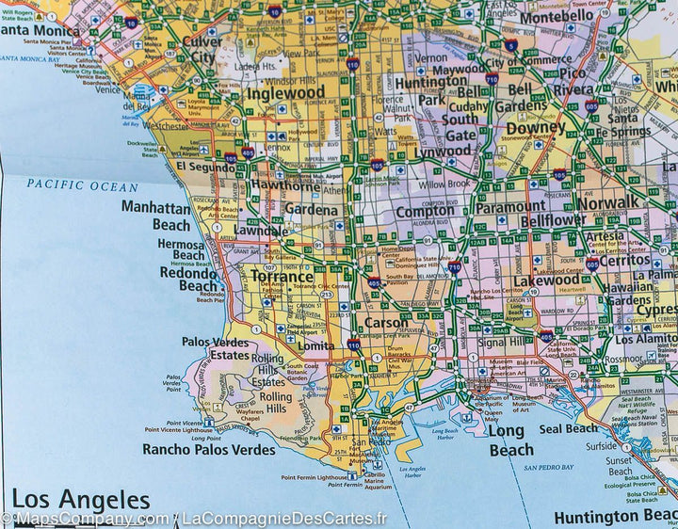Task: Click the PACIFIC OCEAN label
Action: tap(82, 185)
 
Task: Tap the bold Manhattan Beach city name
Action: tap(155, 216)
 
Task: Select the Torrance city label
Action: tap(282, 277)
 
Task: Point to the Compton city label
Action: tap(424, 212)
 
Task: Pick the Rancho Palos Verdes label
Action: tap(209, 449)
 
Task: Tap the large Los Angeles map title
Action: tap(80, 499)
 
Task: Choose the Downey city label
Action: tap(535, 126)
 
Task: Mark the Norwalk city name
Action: tap(607, 202)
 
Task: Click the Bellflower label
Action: tap(553, 219)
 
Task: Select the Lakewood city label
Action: tap(546, 280)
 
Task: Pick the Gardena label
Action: tap(310, 210)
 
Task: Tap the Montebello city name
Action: tap(557, 16)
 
